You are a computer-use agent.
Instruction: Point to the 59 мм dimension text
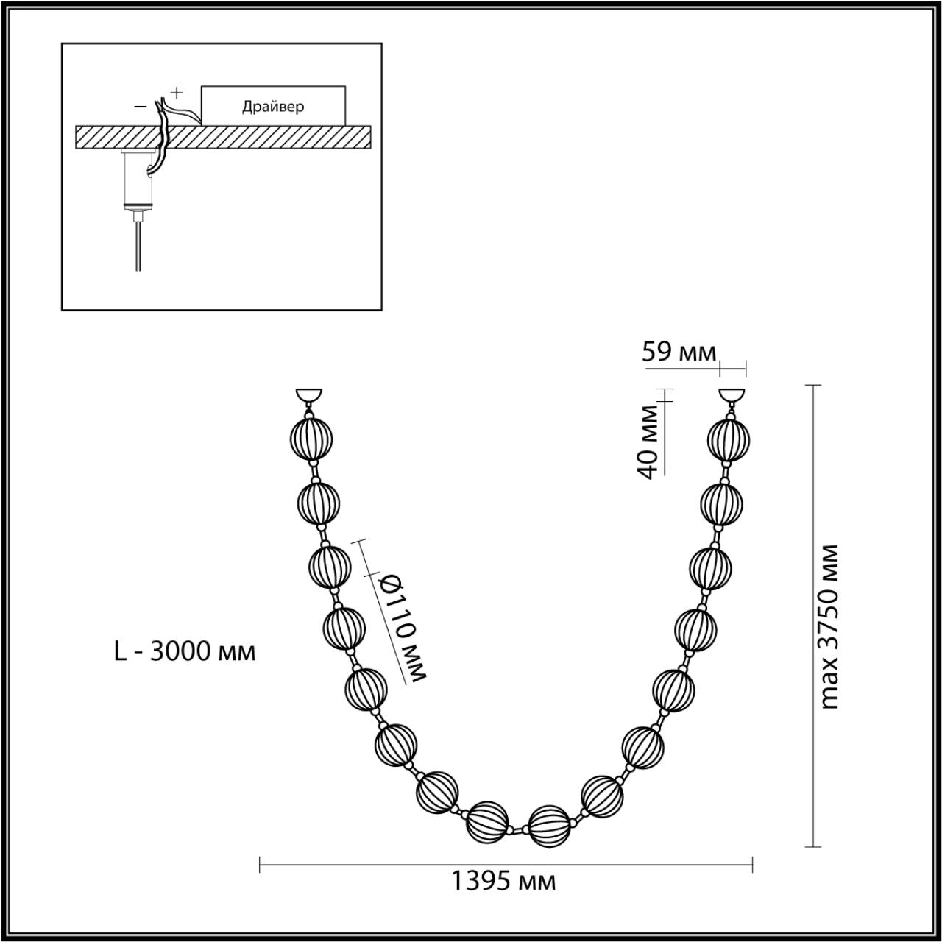(x=679, y=353)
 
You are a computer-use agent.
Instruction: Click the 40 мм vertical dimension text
(x=648, y=442)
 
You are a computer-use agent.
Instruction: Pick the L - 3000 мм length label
(x=185, y=651)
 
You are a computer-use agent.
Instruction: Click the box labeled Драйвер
(x=273, y=106)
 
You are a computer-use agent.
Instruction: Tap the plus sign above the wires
(x=177, y=93)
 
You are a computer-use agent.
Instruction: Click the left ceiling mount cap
(x=308, y=395)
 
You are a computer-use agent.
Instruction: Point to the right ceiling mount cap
(x=732, y=395)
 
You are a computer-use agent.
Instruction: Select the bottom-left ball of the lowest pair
(x=489, y=822)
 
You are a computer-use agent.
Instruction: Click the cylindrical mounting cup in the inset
(x=138, y=178)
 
